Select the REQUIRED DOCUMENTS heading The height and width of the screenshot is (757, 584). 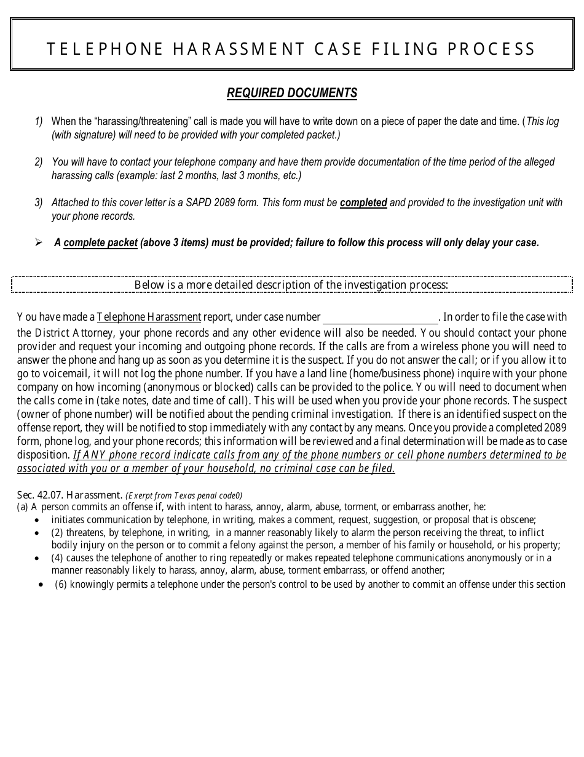(x=292, y=93)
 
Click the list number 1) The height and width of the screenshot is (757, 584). (x=38, y=121)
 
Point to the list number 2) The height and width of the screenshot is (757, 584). (x=38, y=162)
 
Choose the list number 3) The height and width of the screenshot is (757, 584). (x=38, y=202)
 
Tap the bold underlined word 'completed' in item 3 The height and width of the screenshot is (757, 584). (x=363, y=202)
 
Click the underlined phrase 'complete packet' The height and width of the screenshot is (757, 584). (x=100, y=242)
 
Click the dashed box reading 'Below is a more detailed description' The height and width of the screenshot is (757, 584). (x=292, y=284)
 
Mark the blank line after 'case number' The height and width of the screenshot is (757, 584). (x=380, y=318)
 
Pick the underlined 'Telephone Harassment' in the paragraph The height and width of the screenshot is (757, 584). (x=149, y=318)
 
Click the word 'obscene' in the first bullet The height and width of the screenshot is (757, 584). (x=518, y=519)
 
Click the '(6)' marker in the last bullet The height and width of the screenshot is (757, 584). (x=60, y=584)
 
